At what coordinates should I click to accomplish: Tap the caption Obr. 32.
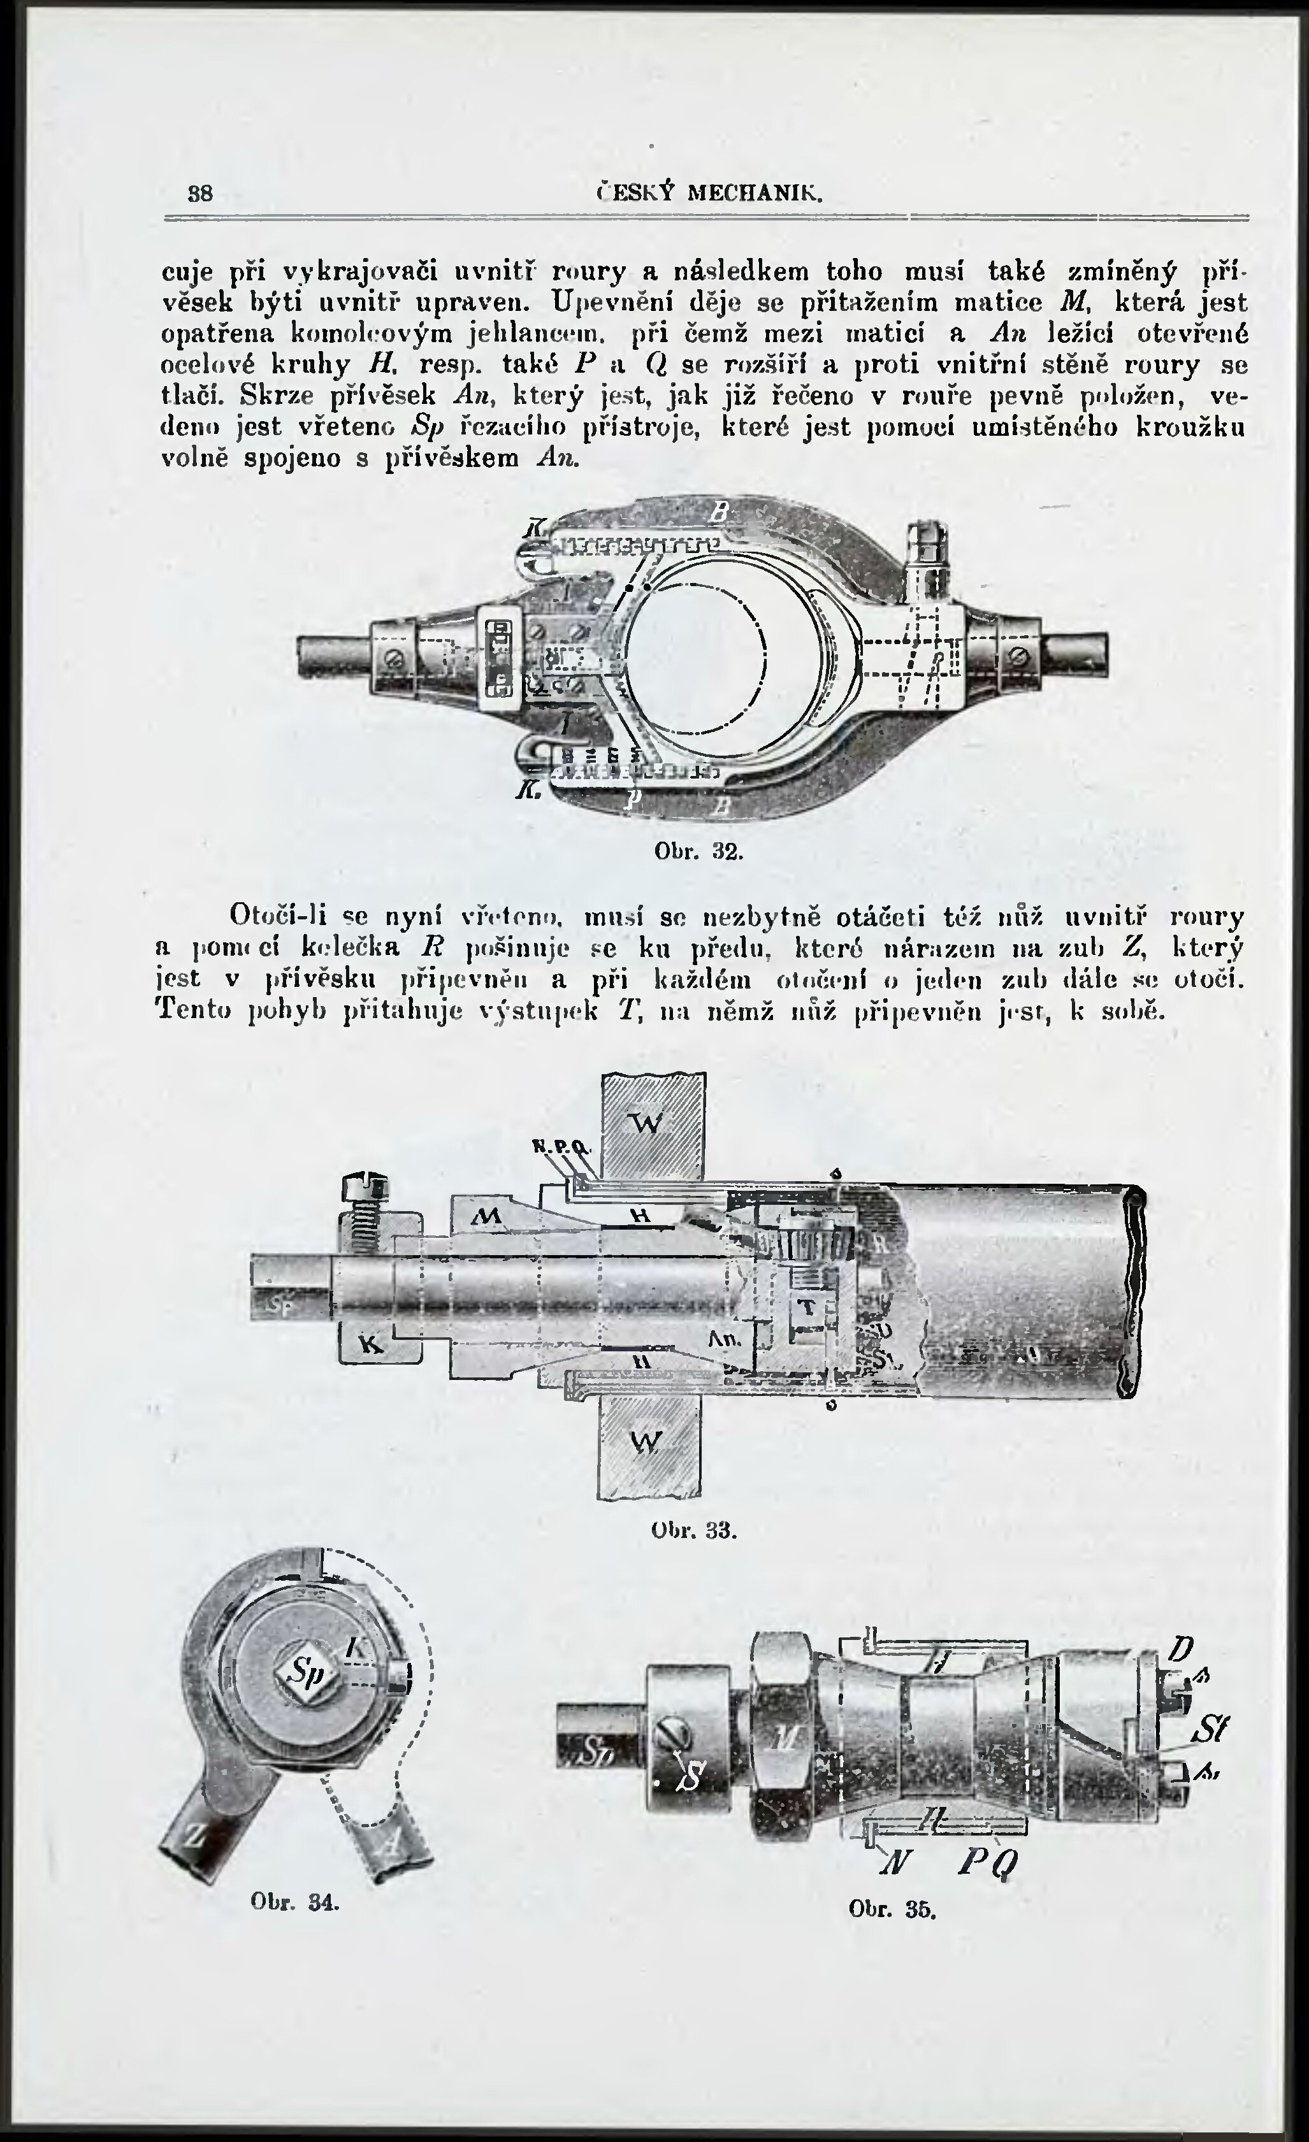698,853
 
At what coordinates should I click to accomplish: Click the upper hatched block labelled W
653,1124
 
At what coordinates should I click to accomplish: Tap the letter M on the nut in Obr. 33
488,1218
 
